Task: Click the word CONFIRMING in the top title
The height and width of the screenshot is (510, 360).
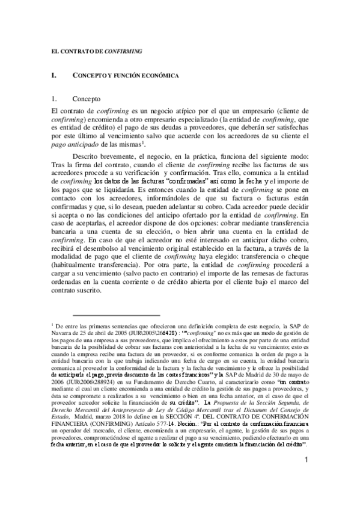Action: pos(123,52)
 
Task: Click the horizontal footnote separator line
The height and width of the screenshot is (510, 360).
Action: pos(115,314)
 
